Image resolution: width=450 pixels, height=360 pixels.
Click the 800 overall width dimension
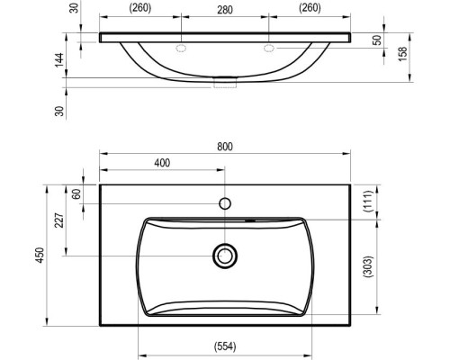[225, 147]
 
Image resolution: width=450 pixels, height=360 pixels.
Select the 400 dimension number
[162, 163]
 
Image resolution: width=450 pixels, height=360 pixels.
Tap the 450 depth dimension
[40, 255]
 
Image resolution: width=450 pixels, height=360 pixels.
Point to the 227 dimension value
[59, 220]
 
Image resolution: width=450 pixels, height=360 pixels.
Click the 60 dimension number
[77, 194]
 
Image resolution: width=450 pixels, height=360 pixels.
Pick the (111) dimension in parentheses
[368, 202]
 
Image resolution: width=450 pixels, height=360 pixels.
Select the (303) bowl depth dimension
[368, 266]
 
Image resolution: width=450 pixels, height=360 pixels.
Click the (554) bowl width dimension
[225, 346]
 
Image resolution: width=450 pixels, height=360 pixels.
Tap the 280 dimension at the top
[225, 10]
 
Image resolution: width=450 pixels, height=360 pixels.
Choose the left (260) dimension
[140, 8]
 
